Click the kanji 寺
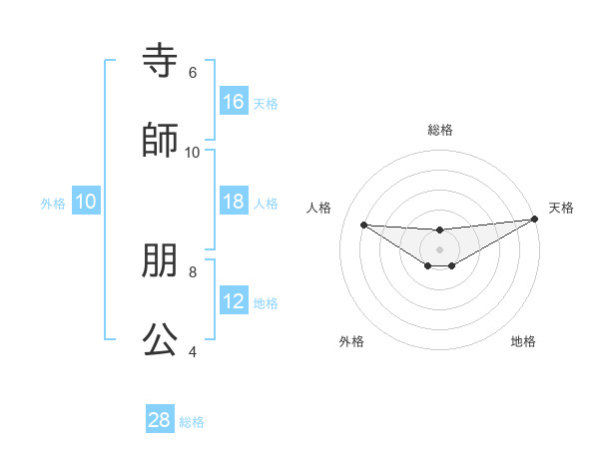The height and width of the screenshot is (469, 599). pyautogui.click(x=160, y=62)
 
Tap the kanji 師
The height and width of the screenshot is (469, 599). pyautogui.click(x=160, y=141)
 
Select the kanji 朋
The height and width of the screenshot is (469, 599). pyautogui.click(x=160, y=261)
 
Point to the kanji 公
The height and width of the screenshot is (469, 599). pyautogui.click(x=160, y=340)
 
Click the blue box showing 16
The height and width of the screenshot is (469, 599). pyautogui.click(x=234, y=102)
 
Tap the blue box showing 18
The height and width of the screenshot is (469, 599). pyautogui.click(x=234, y=202)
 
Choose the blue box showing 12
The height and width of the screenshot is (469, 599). pyautogui.click(x=234, y=301)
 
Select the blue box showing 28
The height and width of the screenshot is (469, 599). pyautogui.click(x=160, y=420)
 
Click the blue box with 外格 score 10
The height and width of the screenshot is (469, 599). pyautogui.click(x=86, y=202)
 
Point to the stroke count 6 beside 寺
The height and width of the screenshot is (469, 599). pyautogui.click(x=192, y=73)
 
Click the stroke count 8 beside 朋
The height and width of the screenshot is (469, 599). pyautogui.click(x=192, y=271)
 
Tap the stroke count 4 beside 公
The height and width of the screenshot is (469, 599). pyautogui.click(x=192, y=351)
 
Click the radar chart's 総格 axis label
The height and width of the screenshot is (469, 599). pyautogui.click(x=440, y=130)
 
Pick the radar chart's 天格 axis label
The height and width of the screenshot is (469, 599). pyautogui.click(x=561, y=208)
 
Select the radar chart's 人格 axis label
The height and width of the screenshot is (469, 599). pyautogui.click(x=319, y=208)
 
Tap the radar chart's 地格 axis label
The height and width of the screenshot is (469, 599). pyautogui.click(x=523, y=341)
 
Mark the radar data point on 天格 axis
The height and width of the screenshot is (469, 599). pyautogui.click(x=535, y=220)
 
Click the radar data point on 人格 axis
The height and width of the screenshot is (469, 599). pyautogui.click(x=363, y=225)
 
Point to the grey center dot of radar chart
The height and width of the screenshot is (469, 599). pyautogui.click(x=440, y=248)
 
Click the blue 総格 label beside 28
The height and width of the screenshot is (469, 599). pyautogui.click(x=192, y=422)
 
